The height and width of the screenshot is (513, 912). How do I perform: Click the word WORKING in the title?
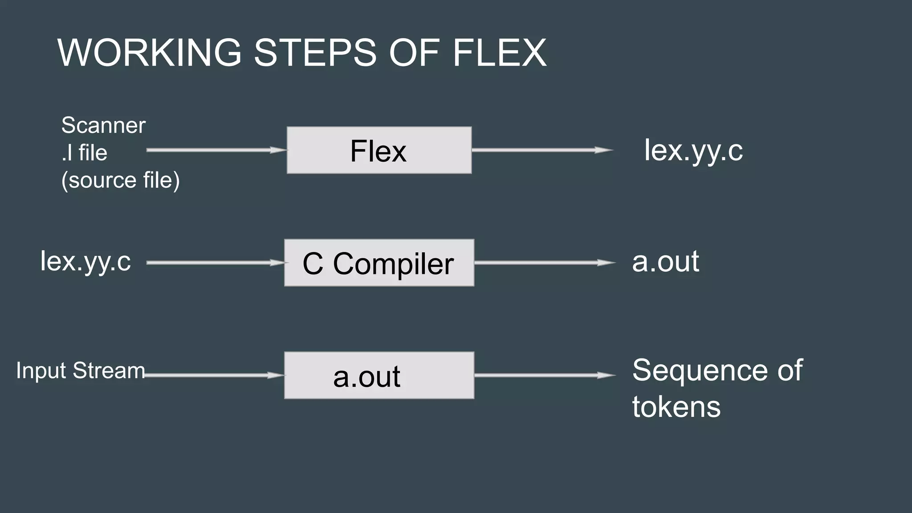150,53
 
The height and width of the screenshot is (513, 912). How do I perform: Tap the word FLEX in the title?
499,53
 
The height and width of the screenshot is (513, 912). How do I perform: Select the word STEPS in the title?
315,53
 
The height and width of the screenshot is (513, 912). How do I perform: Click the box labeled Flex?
379,150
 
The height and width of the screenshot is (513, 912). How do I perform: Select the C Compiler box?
379,263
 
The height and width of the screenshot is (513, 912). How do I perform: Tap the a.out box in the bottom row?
379,375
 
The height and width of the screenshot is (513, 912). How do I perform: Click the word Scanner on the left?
103,125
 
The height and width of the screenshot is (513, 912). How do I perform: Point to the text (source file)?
120,180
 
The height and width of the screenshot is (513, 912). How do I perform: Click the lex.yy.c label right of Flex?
693,151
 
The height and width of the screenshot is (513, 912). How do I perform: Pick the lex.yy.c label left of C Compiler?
85,261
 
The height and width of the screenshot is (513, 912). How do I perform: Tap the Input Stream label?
81,370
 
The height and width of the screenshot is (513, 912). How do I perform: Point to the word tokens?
676,407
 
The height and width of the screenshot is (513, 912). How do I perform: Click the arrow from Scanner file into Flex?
216,150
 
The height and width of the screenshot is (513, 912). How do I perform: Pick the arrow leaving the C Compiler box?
545,263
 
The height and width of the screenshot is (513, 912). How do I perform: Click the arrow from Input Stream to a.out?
214,375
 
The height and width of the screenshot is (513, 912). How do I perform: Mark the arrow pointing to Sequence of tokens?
545,375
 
